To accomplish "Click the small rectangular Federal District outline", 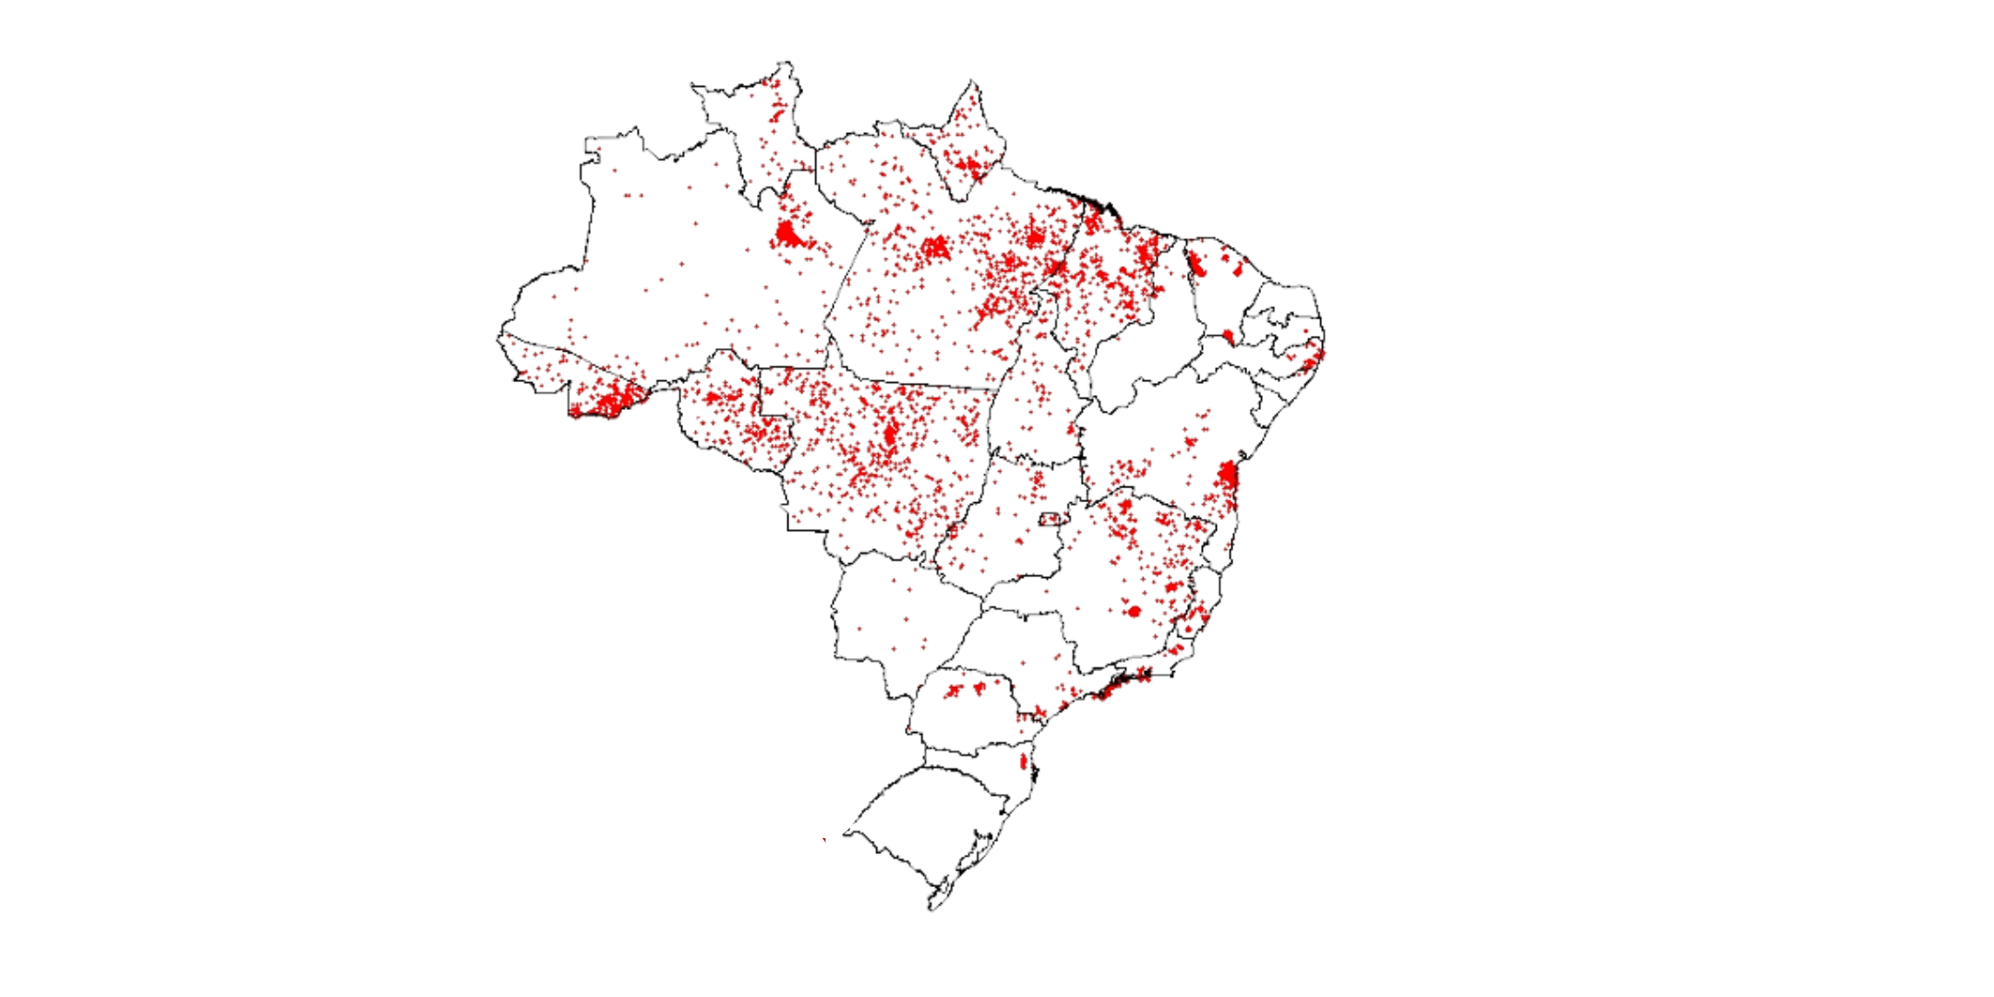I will click(1051, 520).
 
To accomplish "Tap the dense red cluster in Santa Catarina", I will click(1023, 763).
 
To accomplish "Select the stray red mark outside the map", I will click(824, 839).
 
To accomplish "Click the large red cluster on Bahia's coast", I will click(1227, 476).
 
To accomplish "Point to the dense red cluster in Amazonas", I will click(787, 233).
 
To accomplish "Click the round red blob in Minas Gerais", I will click(1134, 611).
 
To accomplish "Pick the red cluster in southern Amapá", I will click(968, 168).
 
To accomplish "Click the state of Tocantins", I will click(1039, 388).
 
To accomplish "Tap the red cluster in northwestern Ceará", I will click(1196, 264).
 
